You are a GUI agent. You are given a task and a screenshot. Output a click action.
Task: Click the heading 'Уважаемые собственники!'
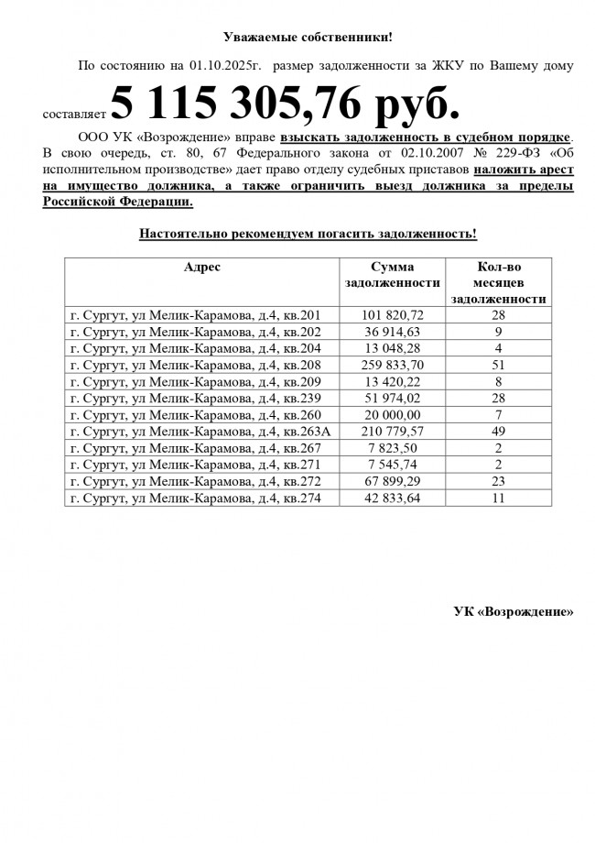(x=308, y=38)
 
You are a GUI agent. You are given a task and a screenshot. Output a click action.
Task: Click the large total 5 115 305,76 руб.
(x=285, y=104)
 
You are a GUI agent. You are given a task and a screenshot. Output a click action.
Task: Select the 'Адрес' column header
(x=201, y=267)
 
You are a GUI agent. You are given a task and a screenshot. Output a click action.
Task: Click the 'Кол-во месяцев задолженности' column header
(x=500, y=282)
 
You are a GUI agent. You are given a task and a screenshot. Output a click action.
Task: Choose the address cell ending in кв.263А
(x=199, y=432)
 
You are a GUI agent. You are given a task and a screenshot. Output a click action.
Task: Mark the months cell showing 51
(x=500, y=365)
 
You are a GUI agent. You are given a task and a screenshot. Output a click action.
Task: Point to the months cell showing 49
(x=500, y=432)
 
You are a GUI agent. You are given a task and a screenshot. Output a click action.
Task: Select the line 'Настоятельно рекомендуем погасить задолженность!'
(x=308, y=234)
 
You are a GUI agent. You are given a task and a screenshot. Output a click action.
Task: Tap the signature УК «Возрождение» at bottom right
(x=514, y=612)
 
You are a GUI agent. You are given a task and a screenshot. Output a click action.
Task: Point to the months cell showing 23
(x=500, y=482)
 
